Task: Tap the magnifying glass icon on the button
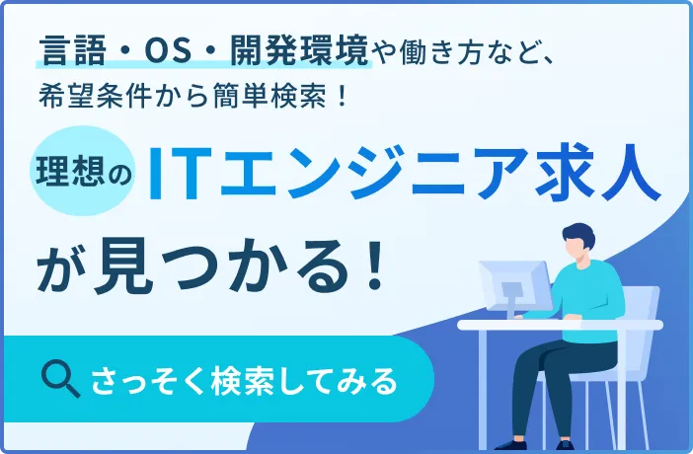click(62, 378)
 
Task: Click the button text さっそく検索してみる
click(243, 379)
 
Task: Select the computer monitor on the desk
click(511, 284)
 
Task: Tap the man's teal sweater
click(593, 296)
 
